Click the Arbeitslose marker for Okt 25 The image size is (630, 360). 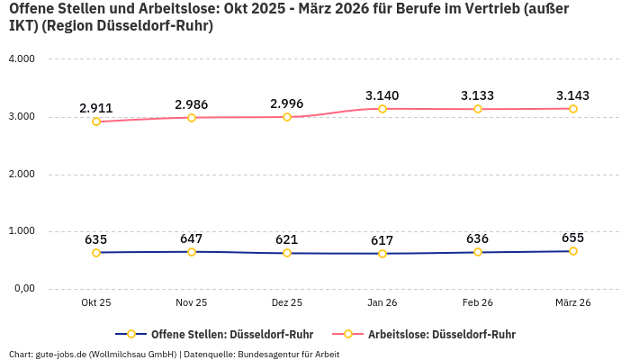[x=96, y=121]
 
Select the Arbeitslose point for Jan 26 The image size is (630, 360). [x=382, y=109]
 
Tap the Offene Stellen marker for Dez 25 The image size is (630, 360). [x=287, y=253]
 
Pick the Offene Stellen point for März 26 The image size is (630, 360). [x=573, y=251]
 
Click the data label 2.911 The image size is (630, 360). [x=96, y=108]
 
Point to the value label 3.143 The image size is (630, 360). [x=573, y=95]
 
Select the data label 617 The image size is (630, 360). [x=382, y=240]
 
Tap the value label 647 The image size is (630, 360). [x=192, y=238]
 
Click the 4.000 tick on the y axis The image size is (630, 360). [x=21, y=59]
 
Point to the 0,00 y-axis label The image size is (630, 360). [x=22, y=289]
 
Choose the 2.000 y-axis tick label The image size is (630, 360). [x=21, y=174]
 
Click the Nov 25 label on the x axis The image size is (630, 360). [x=192, y=303]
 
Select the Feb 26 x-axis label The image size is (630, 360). [x=478, y=303]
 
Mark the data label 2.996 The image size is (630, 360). [x=287, y=103]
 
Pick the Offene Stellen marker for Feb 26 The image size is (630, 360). [x=478, y=252]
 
